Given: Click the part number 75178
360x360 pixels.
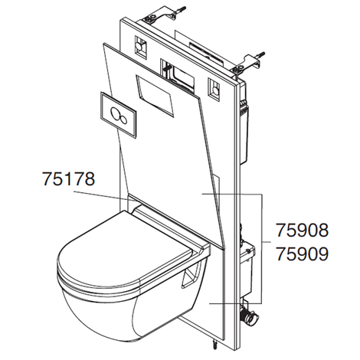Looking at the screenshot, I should point(68,180).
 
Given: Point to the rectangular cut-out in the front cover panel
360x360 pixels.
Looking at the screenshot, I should point(156,90).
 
